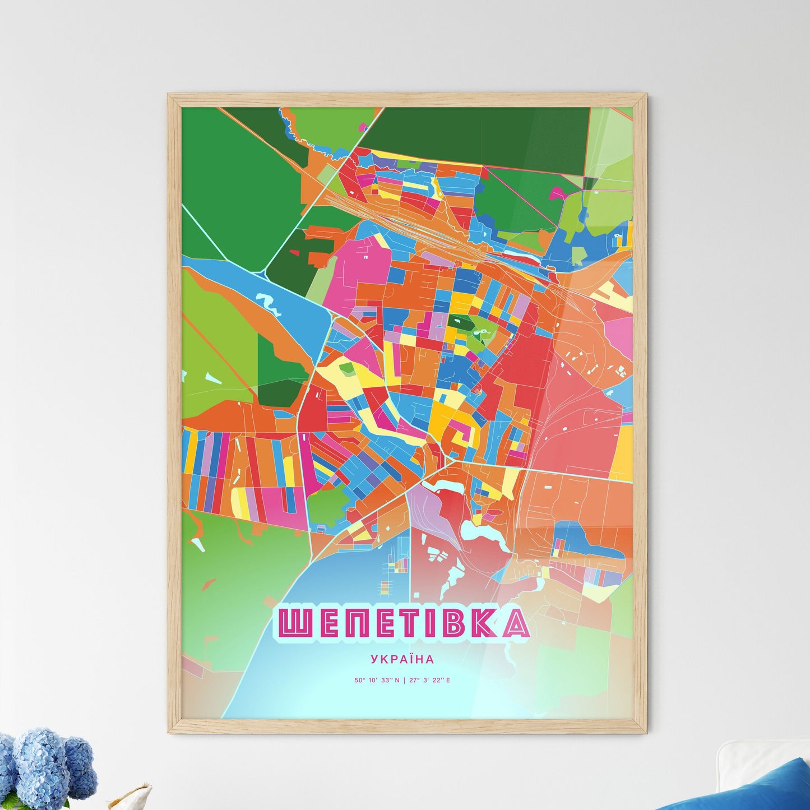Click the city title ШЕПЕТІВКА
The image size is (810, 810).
[401, 623]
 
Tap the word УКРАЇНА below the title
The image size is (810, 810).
[402, 660]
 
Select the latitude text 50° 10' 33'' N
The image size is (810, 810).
[377, 681]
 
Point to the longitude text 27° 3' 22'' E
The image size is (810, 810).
[429, 681]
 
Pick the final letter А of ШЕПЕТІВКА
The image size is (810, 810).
[513, 623]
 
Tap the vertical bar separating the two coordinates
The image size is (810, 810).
[404, 681]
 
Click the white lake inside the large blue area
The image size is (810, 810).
[268, 303]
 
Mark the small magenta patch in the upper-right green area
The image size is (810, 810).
[557, 193]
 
